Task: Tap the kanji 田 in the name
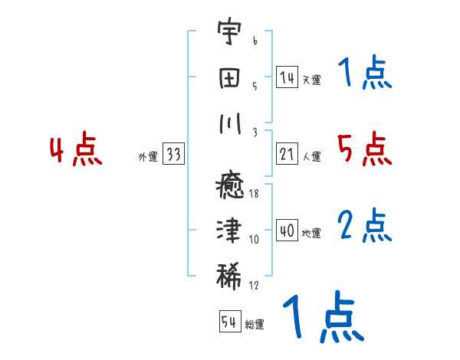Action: point(227,80)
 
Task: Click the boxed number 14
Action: point(287,77)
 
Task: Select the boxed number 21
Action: point(287,154)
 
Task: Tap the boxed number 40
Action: point(287,231)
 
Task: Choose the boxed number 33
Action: point(173,154)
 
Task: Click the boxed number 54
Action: point(229,322)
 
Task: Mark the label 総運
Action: point(255,325)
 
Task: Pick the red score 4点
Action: point(77,150)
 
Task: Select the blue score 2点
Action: point(365,225)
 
